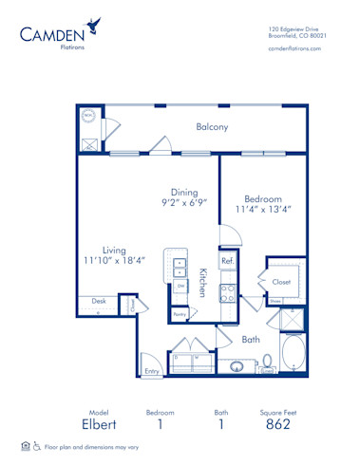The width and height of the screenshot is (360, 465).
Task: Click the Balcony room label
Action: pos(210,127)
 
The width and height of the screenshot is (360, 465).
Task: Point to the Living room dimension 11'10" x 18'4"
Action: pos(112,260)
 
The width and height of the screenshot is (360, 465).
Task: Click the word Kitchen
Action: pos(202,283)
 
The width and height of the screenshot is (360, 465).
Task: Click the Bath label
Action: pos(251,339)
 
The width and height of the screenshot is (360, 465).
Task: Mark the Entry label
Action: pos(151,371)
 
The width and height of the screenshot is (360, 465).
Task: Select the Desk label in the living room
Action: pos(99,302)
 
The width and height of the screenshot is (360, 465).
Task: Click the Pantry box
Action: pos(180,313)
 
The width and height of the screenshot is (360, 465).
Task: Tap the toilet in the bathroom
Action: pos(266,362)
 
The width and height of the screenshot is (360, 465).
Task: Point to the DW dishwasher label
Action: pos(180,285)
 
